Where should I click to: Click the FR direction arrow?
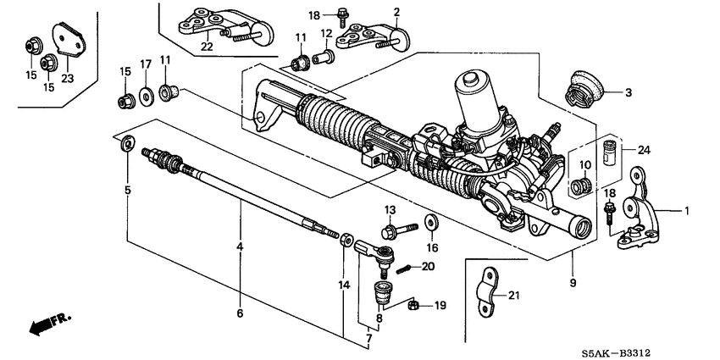(49, 325)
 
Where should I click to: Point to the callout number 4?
(241, 246)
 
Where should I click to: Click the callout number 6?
(241, 313)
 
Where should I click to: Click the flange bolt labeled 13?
(399, 229)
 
